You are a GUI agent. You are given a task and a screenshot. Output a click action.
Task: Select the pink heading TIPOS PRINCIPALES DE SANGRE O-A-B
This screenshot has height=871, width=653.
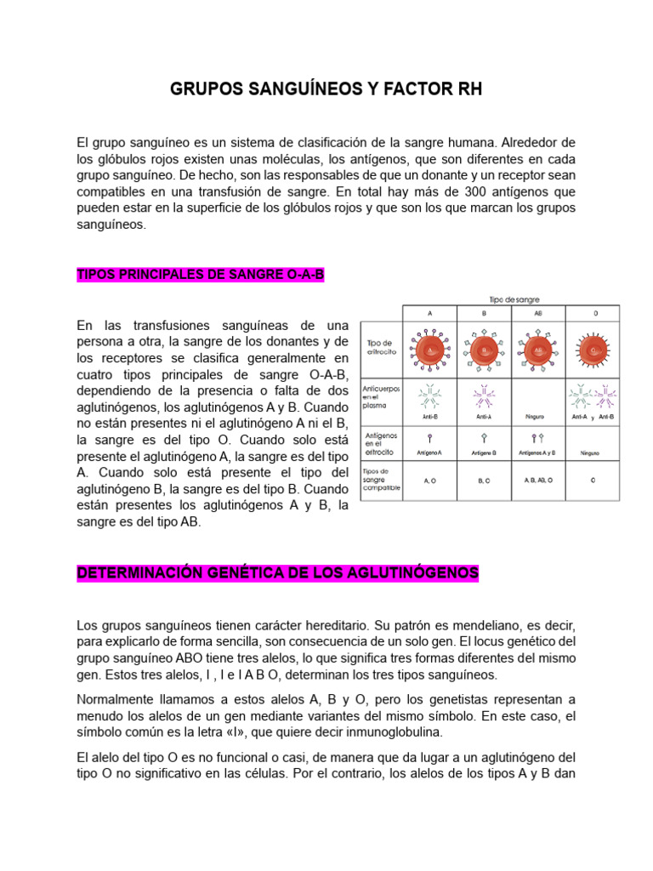(x=201, y=275)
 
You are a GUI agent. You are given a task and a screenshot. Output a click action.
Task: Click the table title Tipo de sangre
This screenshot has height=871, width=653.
(x=514, y=299)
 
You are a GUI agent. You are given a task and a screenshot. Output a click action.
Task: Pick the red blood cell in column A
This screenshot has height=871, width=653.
(x=430, y=349)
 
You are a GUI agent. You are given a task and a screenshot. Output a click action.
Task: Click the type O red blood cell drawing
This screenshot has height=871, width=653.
(x=594, y=349)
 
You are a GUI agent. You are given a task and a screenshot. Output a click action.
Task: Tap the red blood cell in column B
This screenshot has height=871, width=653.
(x=484, y=349)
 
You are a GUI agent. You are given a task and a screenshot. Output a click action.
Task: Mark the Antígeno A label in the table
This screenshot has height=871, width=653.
(x=430, y=453)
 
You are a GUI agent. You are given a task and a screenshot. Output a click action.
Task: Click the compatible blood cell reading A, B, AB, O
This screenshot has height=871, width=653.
(x=537, y=481)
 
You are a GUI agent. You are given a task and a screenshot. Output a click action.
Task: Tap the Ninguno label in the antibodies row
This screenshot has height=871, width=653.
(x=537, y=417)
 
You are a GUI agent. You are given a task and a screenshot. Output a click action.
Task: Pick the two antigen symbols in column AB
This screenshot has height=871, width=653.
(x=537, y=438)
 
